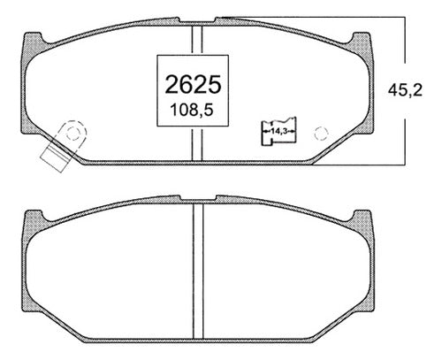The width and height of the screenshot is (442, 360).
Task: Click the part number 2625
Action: pyautogui.click(x=193, y=84)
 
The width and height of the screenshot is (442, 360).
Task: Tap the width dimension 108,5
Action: pyautogui.click(x=192, y=111)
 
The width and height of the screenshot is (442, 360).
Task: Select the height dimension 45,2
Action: pyautogui.click(x=405, y=90)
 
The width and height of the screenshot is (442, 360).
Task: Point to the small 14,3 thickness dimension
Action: pyautogui.click(x=279, y=132)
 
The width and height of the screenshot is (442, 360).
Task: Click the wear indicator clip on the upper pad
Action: pyautogui.click(x=64, y=146)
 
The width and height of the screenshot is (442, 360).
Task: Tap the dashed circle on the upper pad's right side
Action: pyautogui.click(x=321, y=134)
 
